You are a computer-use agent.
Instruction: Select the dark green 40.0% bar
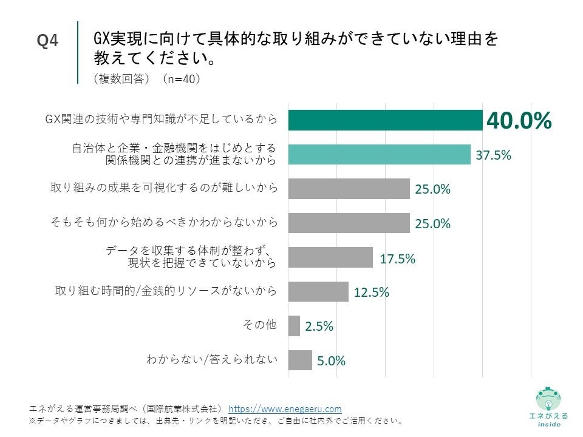[x=384, y=120]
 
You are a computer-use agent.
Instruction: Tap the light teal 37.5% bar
[x=378, y=154]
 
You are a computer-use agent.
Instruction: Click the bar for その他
[x=294, y=326]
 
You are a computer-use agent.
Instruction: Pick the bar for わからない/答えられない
[x=299, y=360]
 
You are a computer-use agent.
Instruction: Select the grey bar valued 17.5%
[x=330, y=257]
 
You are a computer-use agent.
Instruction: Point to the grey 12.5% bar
[x=318, y=292]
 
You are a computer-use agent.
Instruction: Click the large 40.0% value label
[x=519, y=120]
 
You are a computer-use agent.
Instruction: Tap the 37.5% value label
[x=493, y=155]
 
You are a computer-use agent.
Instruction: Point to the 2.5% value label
[x=319, y=327]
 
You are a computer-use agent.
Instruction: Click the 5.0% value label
[x=331, y=361]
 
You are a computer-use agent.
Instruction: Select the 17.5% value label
[x=397, y=259]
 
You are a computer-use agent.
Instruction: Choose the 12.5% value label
[x=371, y=293]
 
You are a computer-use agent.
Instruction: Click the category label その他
[x=259, y=325]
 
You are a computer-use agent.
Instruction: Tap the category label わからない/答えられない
[x=212, y=359]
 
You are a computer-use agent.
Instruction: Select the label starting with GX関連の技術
[x=162, y=120]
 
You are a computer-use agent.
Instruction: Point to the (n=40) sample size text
[x=182, y=79]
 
